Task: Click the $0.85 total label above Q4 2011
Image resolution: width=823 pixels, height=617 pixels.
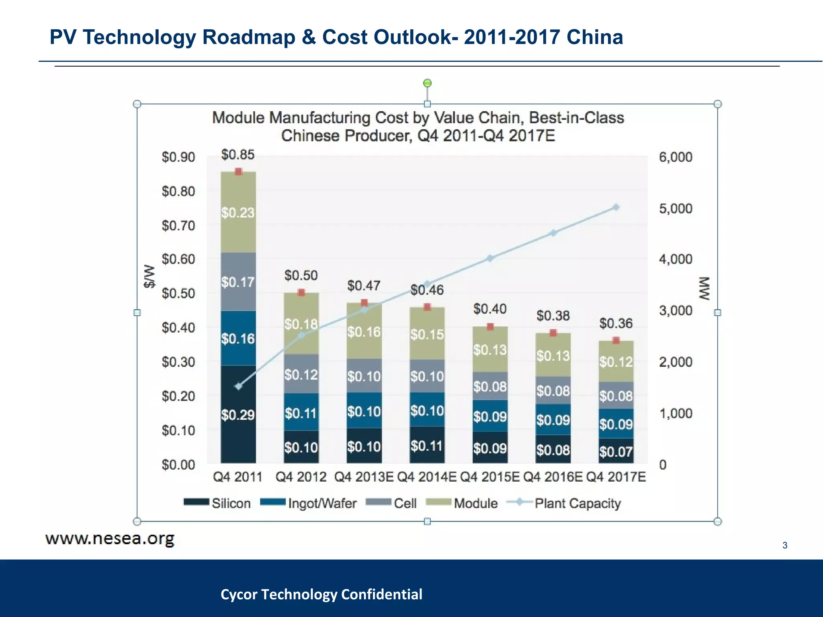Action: (238, 155)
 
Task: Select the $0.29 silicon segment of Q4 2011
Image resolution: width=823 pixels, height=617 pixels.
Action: (238, 415)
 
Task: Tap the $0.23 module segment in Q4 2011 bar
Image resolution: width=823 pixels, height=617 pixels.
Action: (238, 212)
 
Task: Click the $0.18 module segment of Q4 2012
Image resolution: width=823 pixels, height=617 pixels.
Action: (301, 324)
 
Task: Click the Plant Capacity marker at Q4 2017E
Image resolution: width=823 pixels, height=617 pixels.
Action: (616, 207)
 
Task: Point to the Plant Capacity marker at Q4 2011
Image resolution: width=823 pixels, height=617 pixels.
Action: (238, 386)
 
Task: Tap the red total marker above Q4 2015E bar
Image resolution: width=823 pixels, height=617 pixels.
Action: (490, 327)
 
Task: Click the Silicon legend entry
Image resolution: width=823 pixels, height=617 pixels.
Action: (217, 503)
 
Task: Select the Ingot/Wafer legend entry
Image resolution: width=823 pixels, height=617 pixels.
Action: (309, 503)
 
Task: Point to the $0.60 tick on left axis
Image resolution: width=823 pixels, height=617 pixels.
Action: (178, 259)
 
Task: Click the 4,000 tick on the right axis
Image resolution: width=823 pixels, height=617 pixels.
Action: (676, 259)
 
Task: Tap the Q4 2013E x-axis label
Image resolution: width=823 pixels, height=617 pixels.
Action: (364, 477)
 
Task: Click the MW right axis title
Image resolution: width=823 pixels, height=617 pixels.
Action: (704, 288)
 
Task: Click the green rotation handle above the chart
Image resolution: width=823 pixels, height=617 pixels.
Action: (428, 83)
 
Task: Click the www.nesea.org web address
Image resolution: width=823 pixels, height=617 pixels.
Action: (110, 539)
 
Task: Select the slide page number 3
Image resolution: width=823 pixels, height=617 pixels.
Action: (784, 545)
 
